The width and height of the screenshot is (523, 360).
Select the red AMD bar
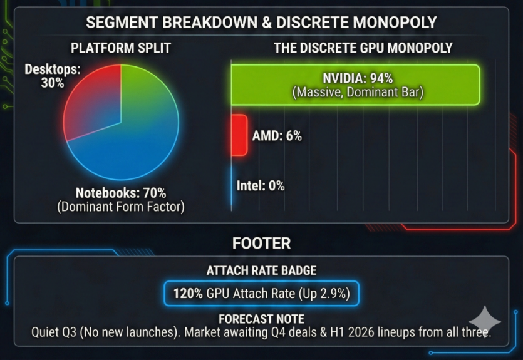pyautogui.click(x=239, y=135)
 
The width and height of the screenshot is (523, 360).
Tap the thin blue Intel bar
pyautogui.click(x=232, y=186)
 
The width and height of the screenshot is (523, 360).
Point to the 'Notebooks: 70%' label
pyautogui.click(x=121, y=193)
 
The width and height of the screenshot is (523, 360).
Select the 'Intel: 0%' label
pyautogui.click(x=261, y=185)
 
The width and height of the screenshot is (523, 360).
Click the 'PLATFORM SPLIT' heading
pyautogui.click(x=121, y=48)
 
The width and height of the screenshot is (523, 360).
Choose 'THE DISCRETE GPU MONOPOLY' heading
pyautogui.click(x=363, y=48)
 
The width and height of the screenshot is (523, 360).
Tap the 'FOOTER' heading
pyautogui.click(x=261, y=243)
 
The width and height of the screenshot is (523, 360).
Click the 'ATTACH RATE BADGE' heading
pyautogui.click(x=261, y=271)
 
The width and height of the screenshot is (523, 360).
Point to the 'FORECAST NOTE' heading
pyautogui.click(x=261, y=319)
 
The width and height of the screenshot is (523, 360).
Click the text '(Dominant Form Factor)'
pyautogui.click(x=121, y=207)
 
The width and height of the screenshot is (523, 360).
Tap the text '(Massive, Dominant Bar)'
pyautogui.click(x=358, y=93)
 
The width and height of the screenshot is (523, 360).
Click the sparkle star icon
pyautogui.click(x=484, y=322)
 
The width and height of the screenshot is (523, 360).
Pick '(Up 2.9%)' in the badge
pyautogui.click(x=326, y=292)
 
